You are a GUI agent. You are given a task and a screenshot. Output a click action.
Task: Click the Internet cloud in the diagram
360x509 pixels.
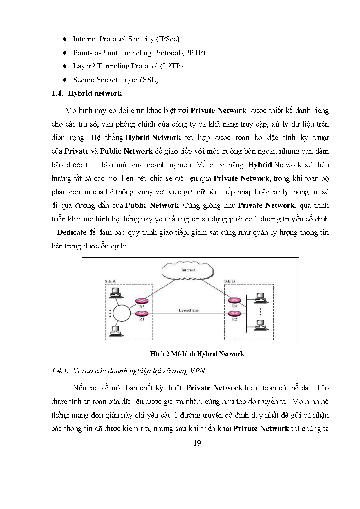(188, 270)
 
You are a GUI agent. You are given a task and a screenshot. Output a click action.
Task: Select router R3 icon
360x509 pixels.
(142, 301)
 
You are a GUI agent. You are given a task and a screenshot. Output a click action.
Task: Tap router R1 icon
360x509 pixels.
(142, 313)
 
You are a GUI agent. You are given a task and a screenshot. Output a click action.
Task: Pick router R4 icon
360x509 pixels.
(234, 301)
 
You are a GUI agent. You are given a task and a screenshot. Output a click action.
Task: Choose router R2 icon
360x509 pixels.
(234, 313)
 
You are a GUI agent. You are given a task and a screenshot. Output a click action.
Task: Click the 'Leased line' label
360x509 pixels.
(189, 310)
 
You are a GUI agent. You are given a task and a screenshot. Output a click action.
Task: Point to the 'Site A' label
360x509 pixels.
(110, 281)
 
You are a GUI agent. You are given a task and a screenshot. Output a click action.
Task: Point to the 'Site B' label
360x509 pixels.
(229, 281)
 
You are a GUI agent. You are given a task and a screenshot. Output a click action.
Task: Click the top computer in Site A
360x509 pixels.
(115, 293)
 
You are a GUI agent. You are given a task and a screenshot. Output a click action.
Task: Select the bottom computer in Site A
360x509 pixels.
(115, 331)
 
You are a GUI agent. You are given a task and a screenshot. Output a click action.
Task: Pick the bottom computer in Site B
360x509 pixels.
(260, 325)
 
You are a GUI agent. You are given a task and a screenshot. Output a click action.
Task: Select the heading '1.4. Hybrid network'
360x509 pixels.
(86, 93)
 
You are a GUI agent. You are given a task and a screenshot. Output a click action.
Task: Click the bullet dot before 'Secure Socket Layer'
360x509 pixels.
(65, 80)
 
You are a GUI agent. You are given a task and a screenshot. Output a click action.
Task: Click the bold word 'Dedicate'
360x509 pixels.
(72, 232)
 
